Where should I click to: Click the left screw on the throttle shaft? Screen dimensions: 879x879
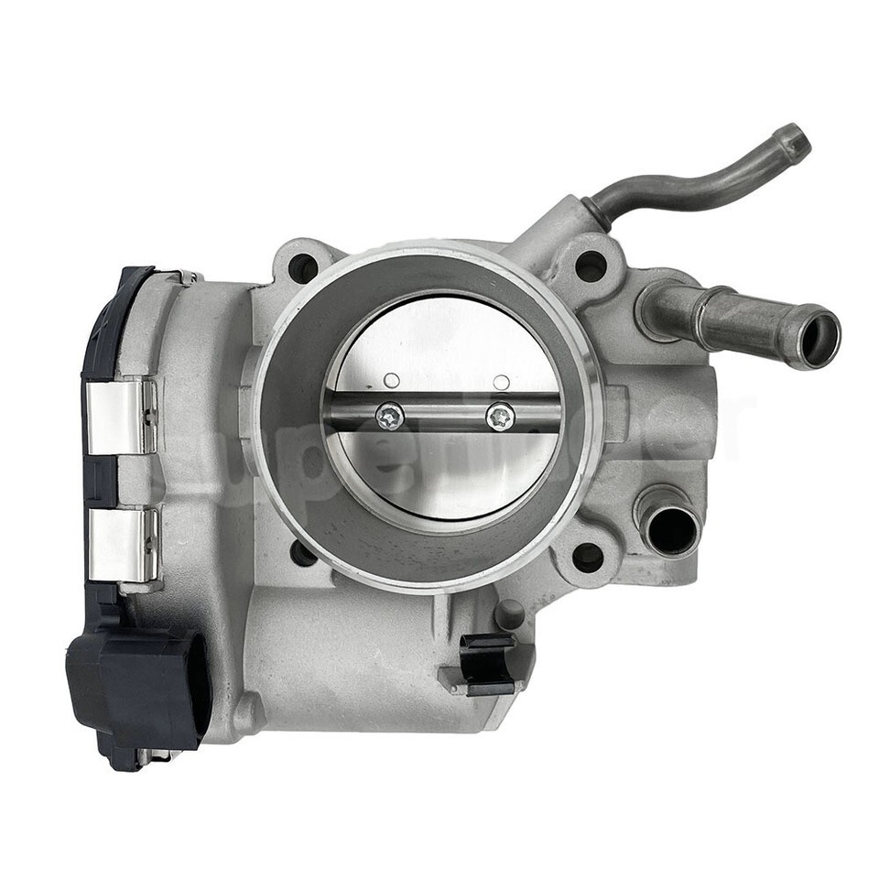click(390, 417)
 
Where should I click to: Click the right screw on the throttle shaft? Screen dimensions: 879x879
click(500, 417)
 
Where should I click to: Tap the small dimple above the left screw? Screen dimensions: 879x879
click(391, 380)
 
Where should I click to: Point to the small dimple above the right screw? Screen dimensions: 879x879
click(501, 381)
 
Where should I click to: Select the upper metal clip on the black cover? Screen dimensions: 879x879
click(122, 418)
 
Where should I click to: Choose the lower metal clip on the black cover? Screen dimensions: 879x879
click(123, 546)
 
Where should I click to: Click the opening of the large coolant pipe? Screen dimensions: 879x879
click(819, 341)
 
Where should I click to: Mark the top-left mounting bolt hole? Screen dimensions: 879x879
click(303, 267)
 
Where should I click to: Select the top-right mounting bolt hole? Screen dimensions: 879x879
click(591, 266)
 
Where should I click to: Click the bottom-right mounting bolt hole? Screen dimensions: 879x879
click(588, 557)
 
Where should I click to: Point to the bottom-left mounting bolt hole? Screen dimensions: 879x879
click(303, 553)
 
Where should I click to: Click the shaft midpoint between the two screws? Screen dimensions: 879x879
click(445, 417)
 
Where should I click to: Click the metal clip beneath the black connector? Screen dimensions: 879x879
click(156, 755)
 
